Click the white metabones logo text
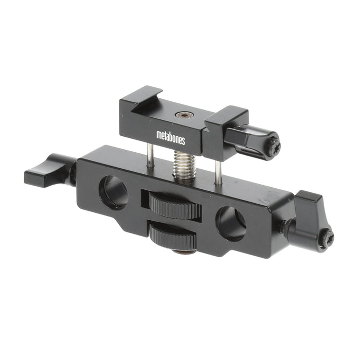(x=171, y=137)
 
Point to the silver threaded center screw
(x=184, y=165)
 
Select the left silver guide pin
(x=150, y=155)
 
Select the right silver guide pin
(x=218, y=172)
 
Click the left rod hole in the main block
(x=114, y=193)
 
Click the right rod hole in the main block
(x=231, y=223)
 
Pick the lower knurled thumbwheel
(x=173, y=236)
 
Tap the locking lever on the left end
(x=50, y=169)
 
